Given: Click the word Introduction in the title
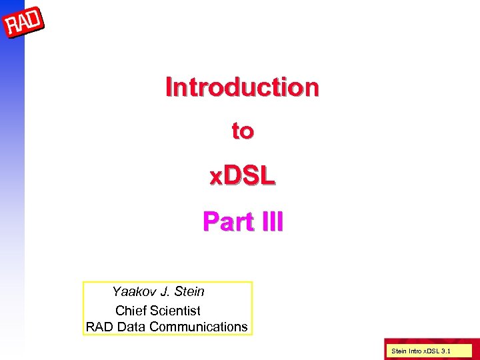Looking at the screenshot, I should point(242,87).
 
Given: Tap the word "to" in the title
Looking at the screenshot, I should point(242,131).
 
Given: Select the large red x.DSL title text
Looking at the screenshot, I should point(242,176).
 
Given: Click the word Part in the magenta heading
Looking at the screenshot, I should point(224,221).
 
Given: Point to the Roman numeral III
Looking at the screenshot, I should point(271,221).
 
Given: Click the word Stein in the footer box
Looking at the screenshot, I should point(400,350).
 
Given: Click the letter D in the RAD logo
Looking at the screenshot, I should point(36,19).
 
